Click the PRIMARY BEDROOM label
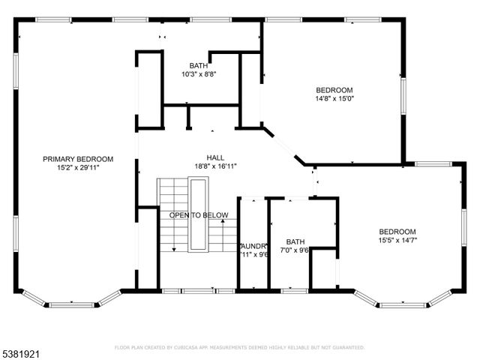pyautogui.click(x=77, y=158)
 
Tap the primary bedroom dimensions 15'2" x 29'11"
pyautogui.click(x=77, y=168)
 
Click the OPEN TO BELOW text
pyautogui.click(x=199, y=216)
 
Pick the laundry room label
pyautogui.click(x=253, y=245)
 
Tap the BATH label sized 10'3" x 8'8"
pyautogui.click(x=199, y=65)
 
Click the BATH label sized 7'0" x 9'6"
pyautogui.click(x=295, y=241)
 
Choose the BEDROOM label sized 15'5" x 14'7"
pyautogui.click(x=397, y=231)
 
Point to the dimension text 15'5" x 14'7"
pyautogui.click(x=397, y=240)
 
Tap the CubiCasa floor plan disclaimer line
pyautogui.click(x=239, y=348)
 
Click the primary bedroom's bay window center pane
pyautogui.click(x=72, y=302)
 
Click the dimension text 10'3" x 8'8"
pyautogui.click(x=199, y=74)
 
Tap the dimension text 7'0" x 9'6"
pyautogui.click(x=295, y=251)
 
